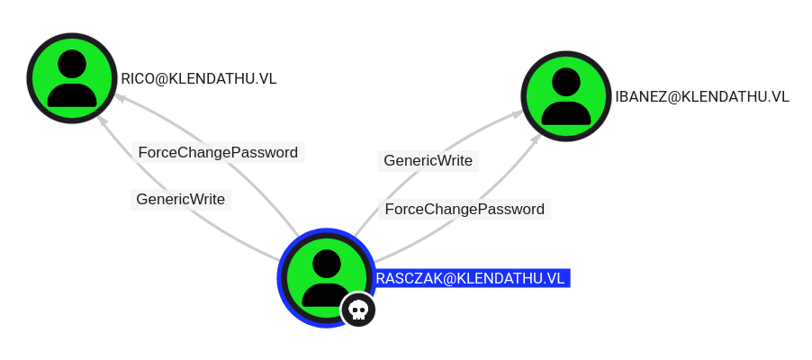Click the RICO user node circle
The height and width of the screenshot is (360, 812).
pos(72,78)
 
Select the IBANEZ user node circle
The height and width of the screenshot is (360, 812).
pos(566,95)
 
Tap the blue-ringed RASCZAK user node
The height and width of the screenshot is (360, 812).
pos(326,278)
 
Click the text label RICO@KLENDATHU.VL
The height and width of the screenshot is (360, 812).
pos(199,78)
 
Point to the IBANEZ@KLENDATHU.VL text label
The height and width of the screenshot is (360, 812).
pos(702,96)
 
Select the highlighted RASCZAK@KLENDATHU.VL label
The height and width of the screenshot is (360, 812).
pos(473,278)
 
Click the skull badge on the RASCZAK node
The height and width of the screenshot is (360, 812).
pos(358,310)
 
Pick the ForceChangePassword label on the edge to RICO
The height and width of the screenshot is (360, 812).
pos(218,153)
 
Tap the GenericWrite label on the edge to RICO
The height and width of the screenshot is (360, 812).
pos(181,200)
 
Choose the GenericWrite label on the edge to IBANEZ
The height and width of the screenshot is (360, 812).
pos(429,161)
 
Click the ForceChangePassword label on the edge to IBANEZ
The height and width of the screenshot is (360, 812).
pos(465,210)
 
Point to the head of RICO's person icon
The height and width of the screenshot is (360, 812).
pos(72,64)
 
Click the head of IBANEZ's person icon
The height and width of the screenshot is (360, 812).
pos(566,82)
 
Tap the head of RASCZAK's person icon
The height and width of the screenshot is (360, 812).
pos(326,264)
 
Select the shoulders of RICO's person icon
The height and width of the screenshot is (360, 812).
pos(72,95)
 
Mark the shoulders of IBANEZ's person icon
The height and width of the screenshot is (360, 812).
pos(566,112)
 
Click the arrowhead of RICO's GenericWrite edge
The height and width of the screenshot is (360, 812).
pos(103,121)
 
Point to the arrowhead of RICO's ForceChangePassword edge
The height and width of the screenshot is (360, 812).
pos(119,97)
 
